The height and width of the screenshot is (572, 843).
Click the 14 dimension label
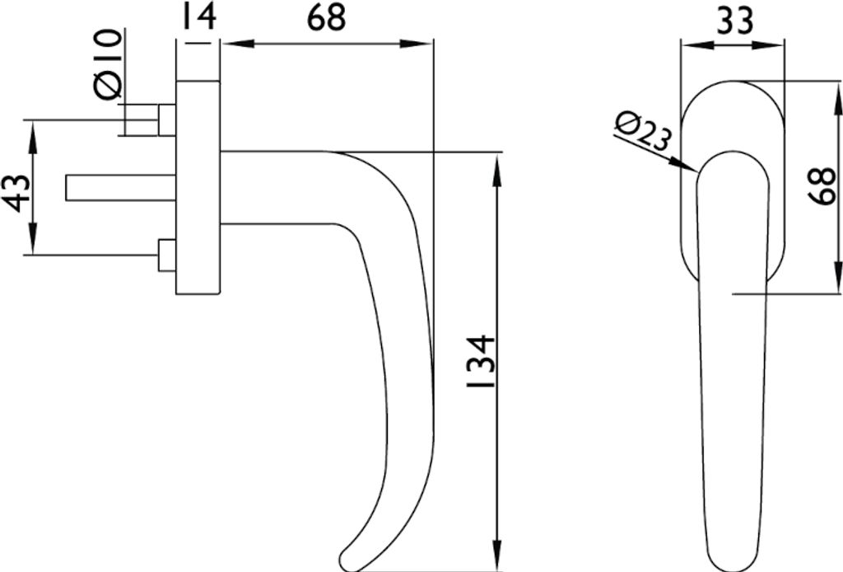199,17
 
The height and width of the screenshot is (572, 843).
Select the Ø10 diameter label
108,64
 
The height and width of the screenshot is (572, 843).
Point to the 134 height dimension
481,362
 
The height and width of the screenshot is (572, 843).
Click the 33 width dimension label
735,21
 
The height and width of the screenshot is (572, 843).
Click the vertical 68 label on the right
822,186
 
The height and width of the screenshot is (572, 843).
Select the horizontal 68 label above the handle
326,17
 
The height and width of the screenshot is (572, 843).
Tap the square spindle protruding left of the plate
121,188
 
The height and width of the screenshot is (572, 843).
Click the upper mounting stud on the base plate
167,120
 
